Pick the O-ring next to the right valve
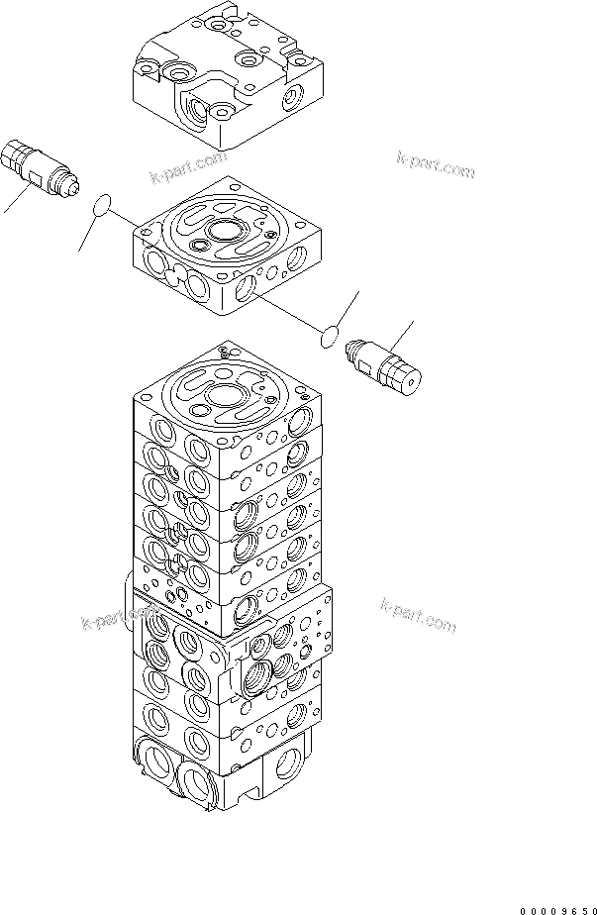coord(331,340)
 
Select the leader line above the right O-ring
coord(347,310)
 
